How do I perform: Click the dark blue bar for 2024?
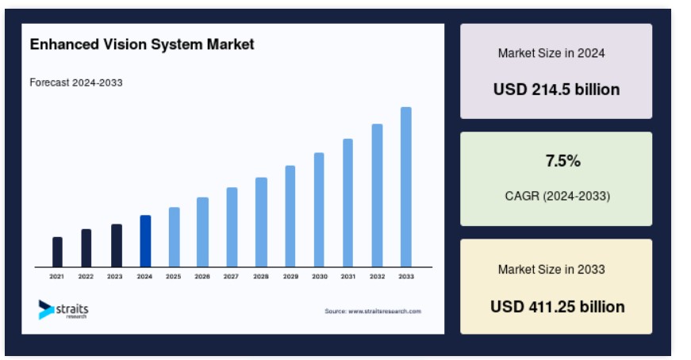pos(145,241)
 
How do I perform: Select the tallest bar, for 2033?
pos(406,187)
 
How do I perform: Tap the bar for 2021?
pos(57,252)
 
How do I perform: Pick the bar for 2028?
pos(261,222)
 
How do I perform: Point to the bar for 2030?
pos(319,210)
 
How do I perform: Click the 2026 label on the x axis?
pos(202,276)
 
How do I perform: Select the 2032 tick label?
pos(377,276)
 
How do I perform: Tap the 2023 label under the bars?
pos(114,276)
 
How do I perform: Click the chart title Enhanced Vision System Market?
pos(142,44)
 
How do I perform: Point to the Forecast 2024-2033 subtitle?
pos(76,82)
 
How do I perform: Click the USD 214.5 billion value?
pos(557,90)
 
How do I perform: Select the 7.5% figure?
pos(562,161)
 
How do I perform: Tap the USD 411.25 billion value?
pos(558,307)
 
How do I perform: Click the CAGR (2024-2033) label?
pos(558,196)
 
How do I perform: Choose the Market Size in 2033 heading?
pos(551,270)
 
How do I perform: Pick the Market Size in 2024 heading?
pos(551,53)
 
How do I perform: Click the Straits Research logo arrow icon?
pos(46,309)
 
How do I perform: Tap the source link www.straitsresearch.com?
pos(385,311)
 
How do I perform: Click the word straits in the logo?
pos(72,308)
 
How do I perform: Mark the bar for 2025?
pos(174,237)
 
